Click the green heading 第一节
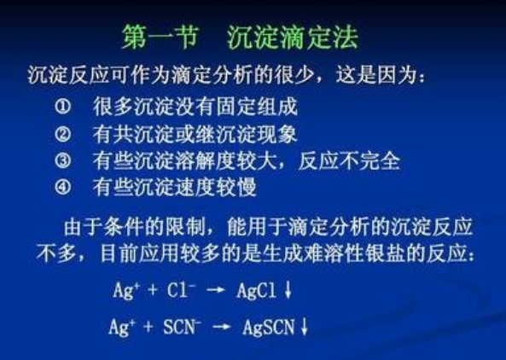[x=160, y=37]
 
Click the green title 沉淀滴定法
[x=293, y=37]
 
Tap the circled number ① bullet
[x=62, y=106]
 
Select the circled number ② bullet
[x=62, y=134]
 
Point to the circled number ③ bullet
[x=62, y=160]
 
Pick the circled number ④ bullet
[x=62, y=187]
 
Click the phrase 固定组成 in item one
[x=257, y=107]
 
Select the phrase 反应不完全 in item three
[x=350, y=160]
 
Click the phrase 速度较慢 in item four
[x=216, y=188]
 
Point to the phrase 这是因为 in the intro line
[x=376, y=75]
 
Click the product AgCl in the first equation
[x=257, y=291]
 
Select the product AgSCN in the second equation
[x=269, y=327]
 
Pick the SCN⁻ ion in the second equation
[x=183, y=327]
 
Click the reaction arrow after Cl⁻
[x=216, y=290]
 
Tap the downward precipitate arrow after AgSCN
[x=304, y=327]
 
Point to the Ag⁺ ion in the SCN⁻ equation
[x=122, y=327]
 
